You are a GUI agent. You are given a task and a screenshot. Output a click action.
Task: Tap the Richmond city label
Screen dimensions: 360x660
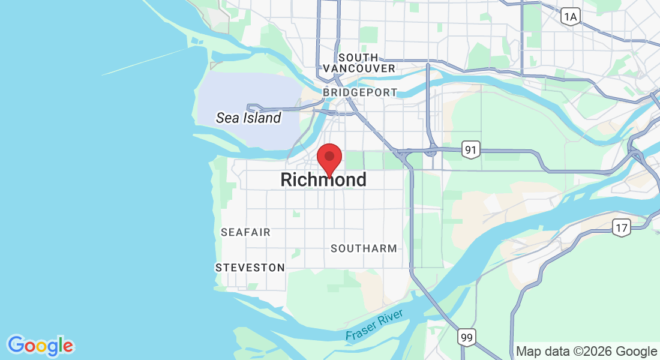click(323, 179)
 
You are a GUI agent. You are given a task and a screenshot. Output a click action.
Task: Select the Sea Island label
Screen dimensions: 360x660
click(248, 118)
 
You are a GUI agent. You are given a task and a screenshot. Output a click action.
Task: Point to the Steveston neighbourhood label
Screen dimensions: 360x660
click(250, 268)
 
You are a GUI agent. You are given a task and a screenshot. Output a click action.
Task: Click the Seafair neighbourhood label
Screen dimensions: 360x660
click(245, 232)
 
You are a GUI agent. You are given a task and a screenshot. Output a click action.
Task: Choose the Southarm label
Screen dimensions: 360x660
click(364, 248)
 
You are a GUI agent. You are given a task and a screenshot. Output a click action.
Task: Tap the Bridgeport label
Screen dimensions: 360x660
click(360, 92)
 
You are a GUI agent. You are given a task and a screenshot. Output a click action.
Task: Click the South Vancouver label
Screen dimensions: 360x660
click(359, 63)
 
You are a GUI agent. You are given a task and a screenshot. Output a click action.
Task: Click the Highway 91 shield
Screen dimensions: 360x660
click(472, 150)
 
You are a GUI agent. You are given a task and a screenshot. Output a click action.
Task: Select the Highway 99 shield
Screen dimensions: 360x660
click(467, 337)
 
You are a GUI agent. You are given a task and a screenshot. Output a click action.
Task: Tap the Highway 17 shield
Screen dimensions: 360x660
click(621, 227)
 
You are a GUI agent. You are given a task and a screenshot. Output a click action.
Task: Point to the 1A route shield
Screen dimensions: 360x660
click(571, 17)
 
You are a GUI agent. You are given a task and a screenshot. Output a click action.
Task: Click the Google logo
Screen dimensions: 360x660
click(41, 346)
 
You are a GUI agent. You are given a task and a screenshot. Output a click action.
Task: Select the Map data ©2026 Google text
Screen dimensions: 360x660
click(586, 352)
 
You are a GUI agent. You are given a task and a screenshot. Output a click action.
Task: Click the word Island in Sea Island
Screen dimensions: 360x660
click(262, 118)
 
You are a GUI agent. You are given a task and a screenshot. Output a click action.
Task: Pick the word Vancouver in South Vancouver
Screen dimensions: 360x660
click(359, 68)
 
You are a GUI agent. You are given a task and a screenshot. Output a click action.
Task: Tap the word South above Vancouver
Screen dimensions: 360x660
click(358, 58)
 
